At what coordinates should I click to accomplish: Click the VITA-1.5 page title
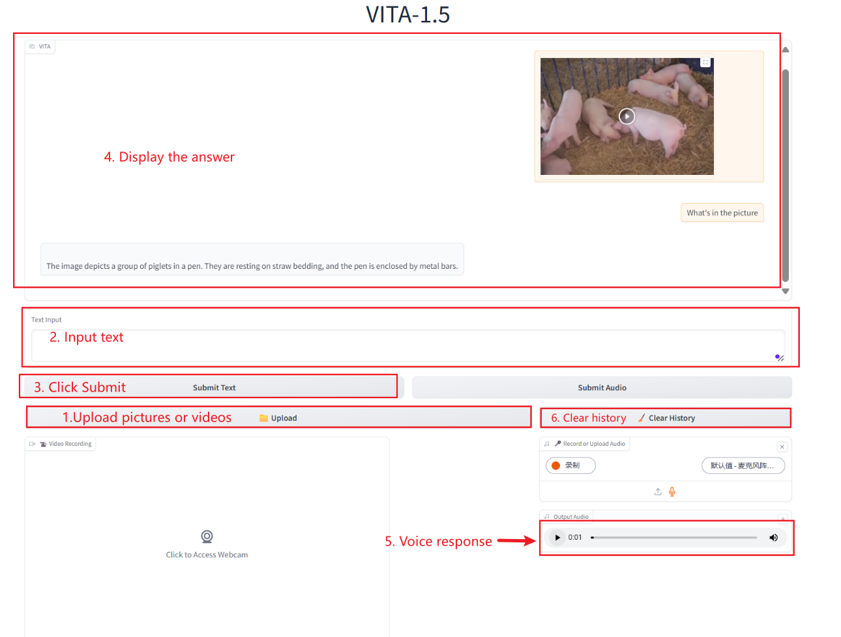coord(407,14)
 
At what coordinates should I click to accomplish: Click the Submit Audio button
coord(602,387)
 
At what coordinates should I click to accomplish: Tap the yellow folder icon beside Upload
coord(263,418)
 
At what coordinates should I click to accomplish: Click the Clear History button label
coord(671,418)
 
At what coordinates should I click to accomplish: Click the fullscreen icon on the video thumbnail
coord(705,62)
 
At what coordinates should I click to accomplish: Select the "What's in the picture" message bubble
coord(722,213)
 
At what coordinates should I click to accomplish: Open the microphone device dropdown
coord(743,465)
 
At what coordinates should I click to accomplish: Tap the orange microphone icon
coord(671,491)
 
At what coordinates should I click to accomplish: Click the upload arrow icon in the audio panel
coord(657,491)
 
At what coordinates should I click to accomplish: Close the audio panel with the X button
coord(782,447)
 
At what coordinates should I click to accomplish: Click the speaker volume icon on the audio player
coord(773,538)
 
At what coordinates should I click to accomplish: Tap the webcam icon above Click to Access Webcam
coord(207,536)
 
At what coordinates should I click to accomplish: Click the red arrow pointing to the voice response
coord(516,541)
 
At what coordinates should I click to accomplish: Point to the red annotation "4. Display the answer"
coord(169,157)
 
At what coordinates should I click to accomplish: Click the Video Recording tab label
coord(70,444)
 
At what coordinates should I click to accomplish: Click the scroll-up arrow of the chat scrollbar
coord(785,50)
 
